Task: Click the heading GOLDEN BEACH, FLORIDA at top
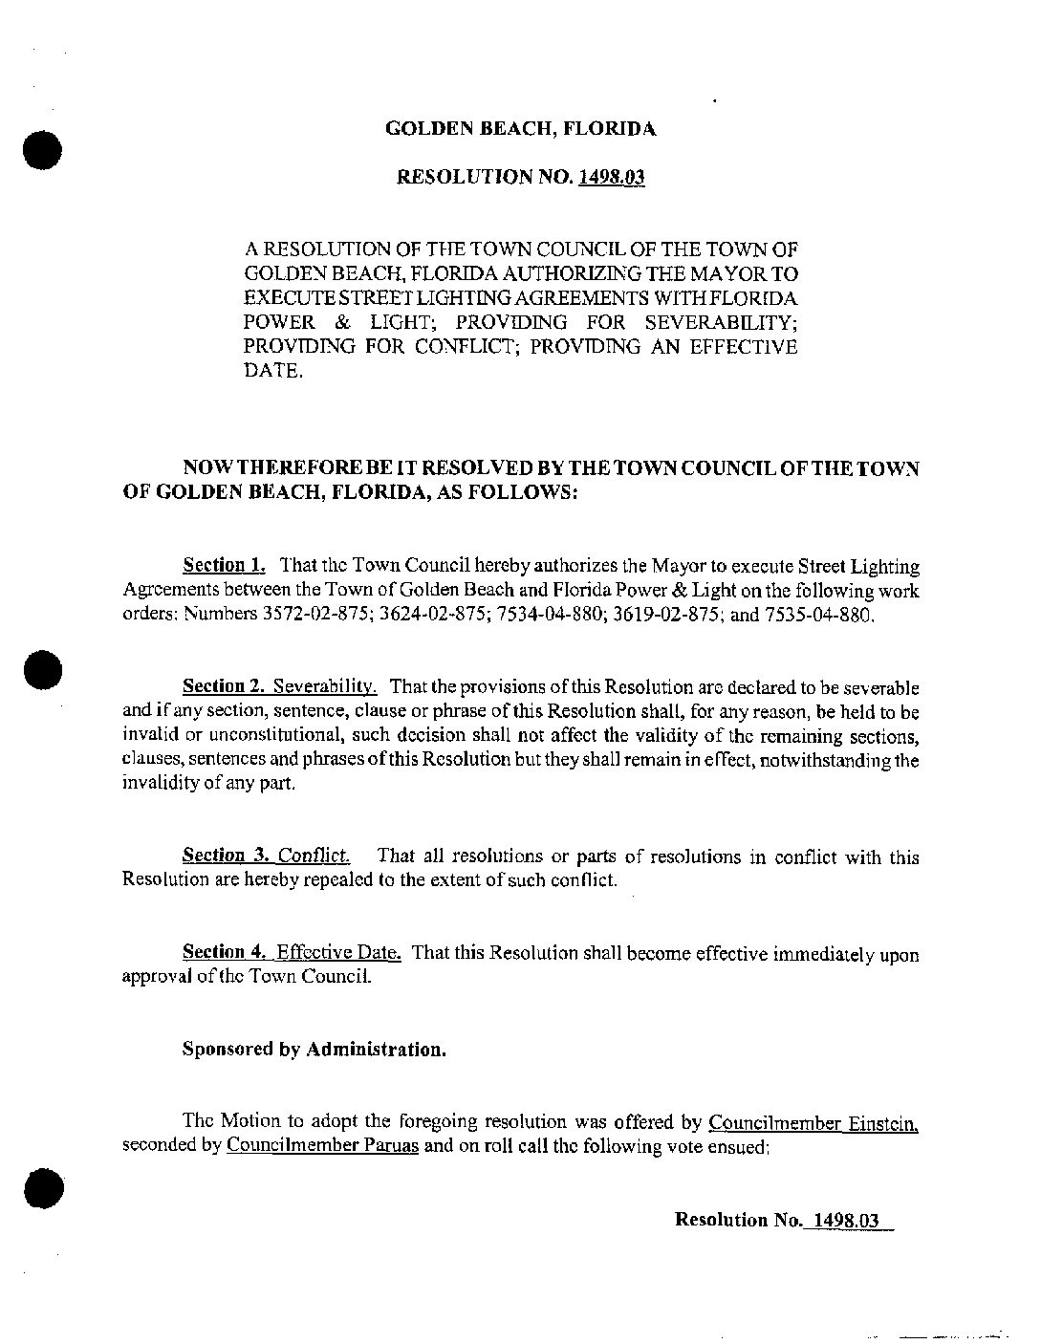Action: [520, 128]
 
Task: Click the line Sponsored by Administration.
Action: [314, 1050]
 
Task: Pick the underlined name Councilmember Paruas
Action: [323, 1146]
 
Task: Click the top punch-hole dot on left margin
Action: [43, 150]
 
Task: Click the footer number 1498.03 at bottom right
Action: [843, 1220]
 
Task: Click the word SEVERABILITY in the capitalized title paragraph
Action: [726, 323]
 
